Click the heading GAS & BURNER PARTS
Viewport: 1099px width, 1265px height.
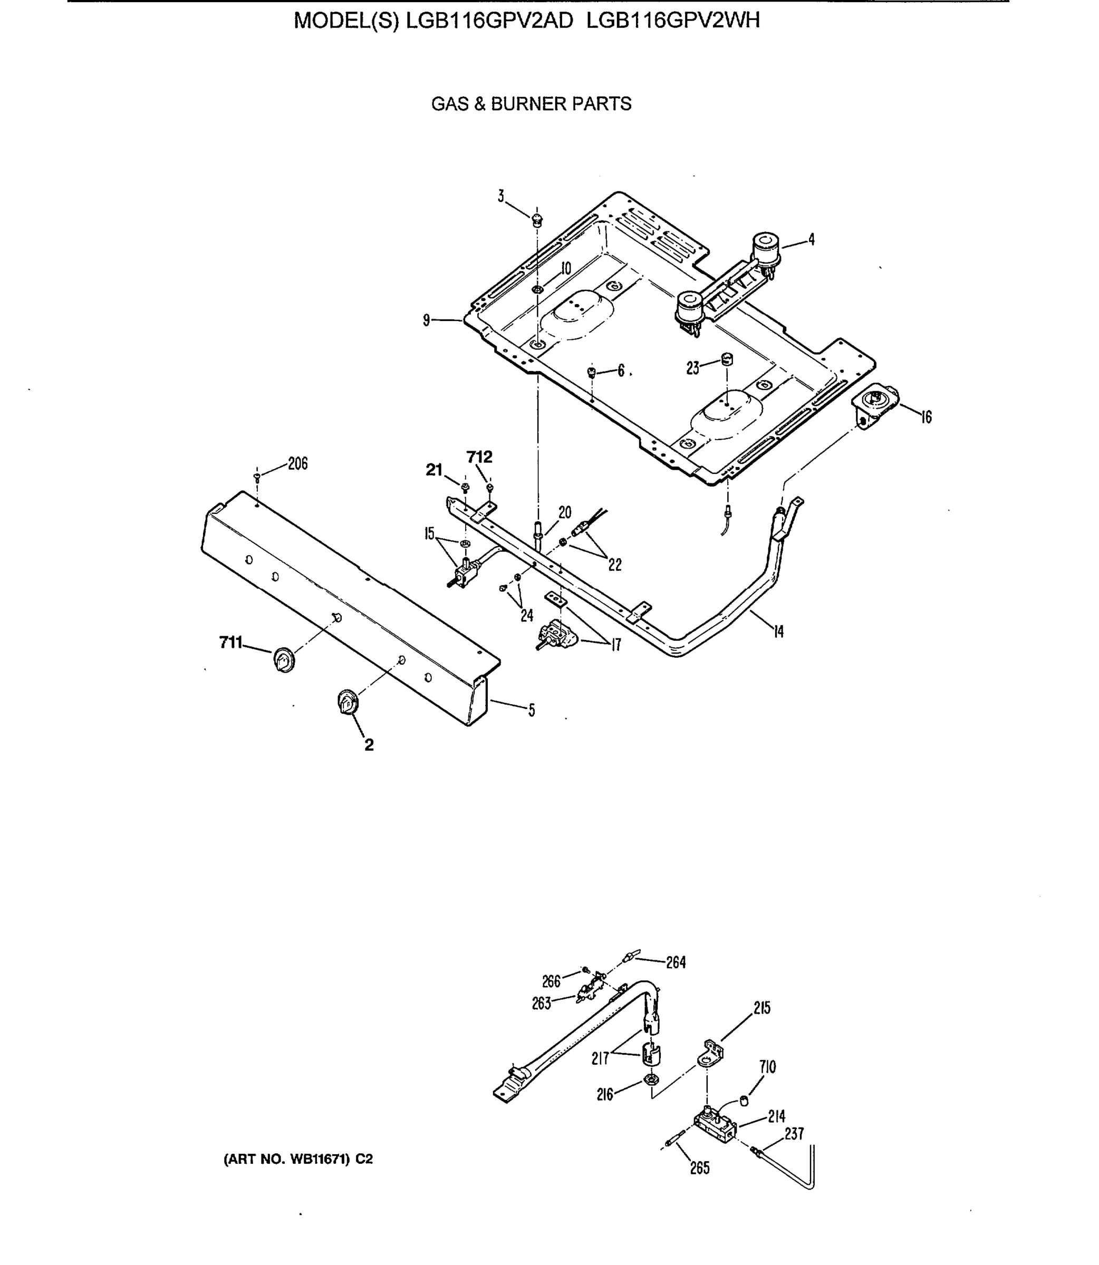(531, 104)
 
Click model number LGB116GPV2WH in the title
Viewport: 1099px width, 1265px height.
(673, 21)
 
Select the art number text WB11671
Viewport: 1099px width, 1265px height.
(319, 1159)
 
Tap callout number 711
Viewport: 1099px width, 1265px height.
(230, 643)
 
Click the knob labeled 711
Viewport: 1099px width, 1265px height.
(283, 659)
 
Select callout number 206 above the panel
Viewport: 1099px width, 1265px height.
(297, 464)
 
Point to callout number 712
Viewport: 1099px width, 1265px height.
(479, 457)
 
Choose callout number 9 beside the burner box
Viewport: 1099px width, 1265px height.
(426, 320)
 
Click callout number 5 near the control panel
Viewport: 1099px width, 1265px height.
(531, 710)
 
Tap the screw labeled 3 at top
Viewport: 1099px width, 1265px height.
(537, 218)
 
